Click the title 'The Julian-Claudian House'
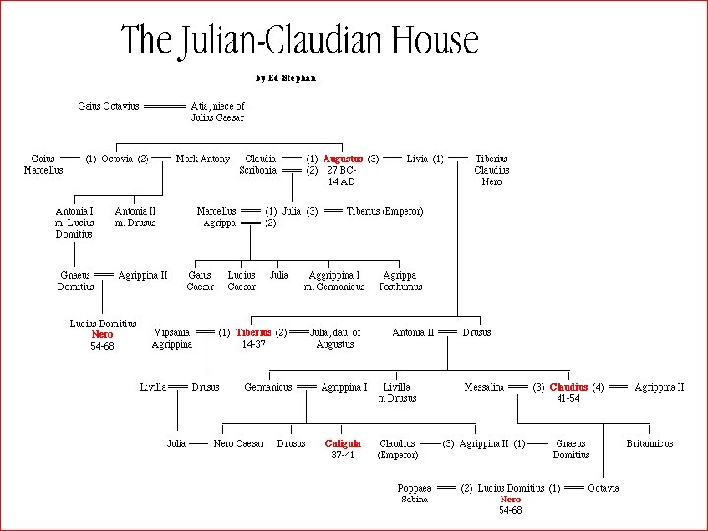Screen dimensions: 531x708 point(299,40)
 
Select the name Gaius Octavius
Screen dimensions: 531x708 point(108,105)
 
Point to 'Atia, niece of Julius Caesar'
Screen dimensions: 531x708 point(217,111)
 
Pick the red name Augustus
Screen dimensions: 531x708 point(343,158)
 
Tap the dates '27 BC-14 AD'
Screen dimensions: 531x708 point(341,175)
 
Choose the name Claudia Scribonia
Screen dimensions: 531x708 point(260,164)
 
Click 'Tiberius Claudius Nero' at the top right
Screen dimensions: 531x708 point(492,169)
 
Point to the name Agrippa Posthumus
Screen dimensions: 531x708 point(400,281)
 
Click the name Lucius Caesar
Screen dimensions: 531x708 point(241,281)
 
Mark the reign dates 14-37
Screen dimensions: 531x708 point(253,345)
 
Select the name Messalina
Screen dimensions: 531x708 point(485,388)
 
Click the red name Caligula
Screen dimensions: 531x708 point(343,443)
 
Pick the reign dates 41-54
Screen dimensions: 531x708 point(568,399)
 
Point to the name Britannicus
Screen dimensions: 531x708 point(650,443)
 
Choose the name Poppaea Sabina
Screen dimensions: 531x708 point(414,494)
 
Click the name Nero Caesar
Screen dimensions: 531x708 point(238,443)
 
